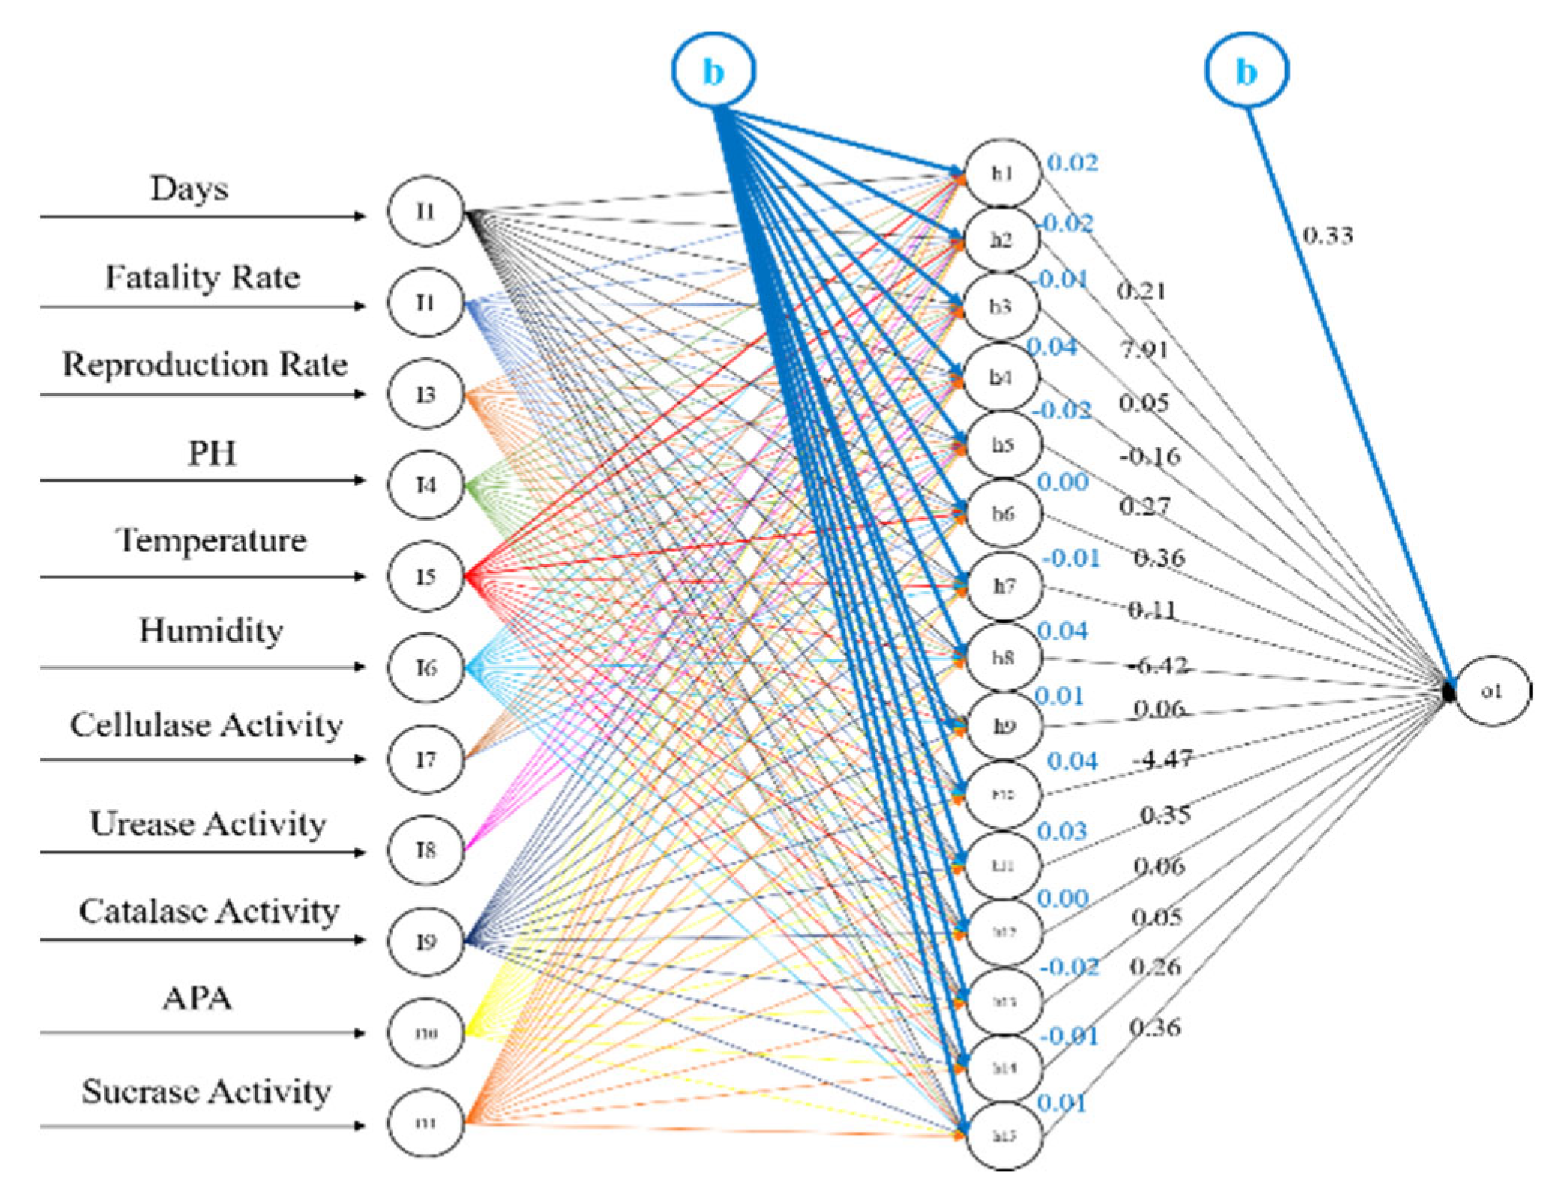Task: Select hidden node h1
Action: tap(1002, 173)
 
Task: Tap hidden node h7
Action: tap(1004, 586)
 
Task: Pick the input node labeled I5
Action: tap(426, 576)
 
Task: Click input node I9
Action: tap(426, 941)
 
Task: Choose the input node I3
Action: tap(426, 394)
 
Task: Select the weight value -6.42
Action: tap(1157, 665)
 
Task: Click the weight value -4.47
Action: tap(1162, 759)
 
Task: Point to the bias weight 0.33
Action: tap(1327, 236)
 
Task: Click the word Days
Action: tap(189, 188)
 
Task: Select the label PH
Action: tap(212, 453)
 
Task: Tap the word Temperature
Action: tap(211, 540)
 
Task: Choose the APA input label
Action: tap(197, 998)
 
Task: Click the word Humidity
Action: tap(211, 630)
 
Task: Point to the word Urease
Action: tap(143, 823)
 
